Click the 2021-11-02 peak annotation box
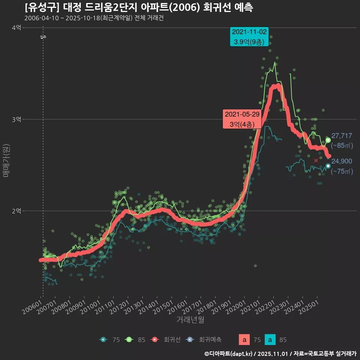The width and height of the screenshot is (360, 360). (249, 37)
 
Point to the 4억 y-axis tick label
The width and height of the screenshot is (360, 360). (16, 28)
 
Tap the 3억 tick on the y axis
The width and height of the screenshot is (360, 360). (16, 119)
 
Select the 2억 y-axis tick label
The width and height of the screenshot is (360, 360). (16, 211)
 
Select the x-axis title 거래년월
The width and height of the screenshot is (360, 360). (190, 320)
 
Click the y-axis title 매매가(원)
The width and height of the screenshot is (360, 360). (6, 160)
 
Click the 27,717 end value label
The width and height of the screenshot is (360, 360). (342, 136)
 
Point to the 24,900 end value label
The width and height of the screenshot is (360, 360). (342, 161)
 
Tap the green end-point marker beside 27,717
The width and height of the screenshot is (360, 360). (328, 140)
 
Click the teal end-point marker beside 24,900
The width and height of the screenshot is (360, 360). (328, 166)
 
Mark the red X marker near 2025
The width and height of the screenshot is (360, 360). (316, 160)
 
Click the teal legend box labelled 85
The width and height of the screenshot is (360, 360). (270, 340)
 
